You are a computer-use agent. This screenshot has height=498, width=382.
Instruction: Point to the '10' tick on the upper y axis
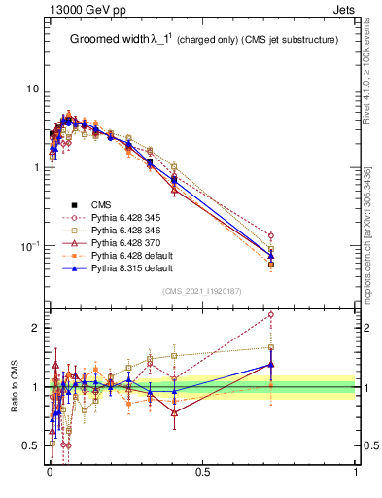(x=32, y=89)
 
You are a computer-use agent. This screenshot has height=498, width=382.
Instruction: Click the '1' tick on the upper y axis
(x=35, y=167)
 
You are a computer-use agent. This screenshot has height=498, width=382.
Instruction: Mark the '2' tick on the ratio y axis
(x=35, y=328)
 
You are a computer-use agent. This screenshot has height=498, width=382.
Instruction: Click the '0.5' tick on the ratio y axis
(x=31, y=446)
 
